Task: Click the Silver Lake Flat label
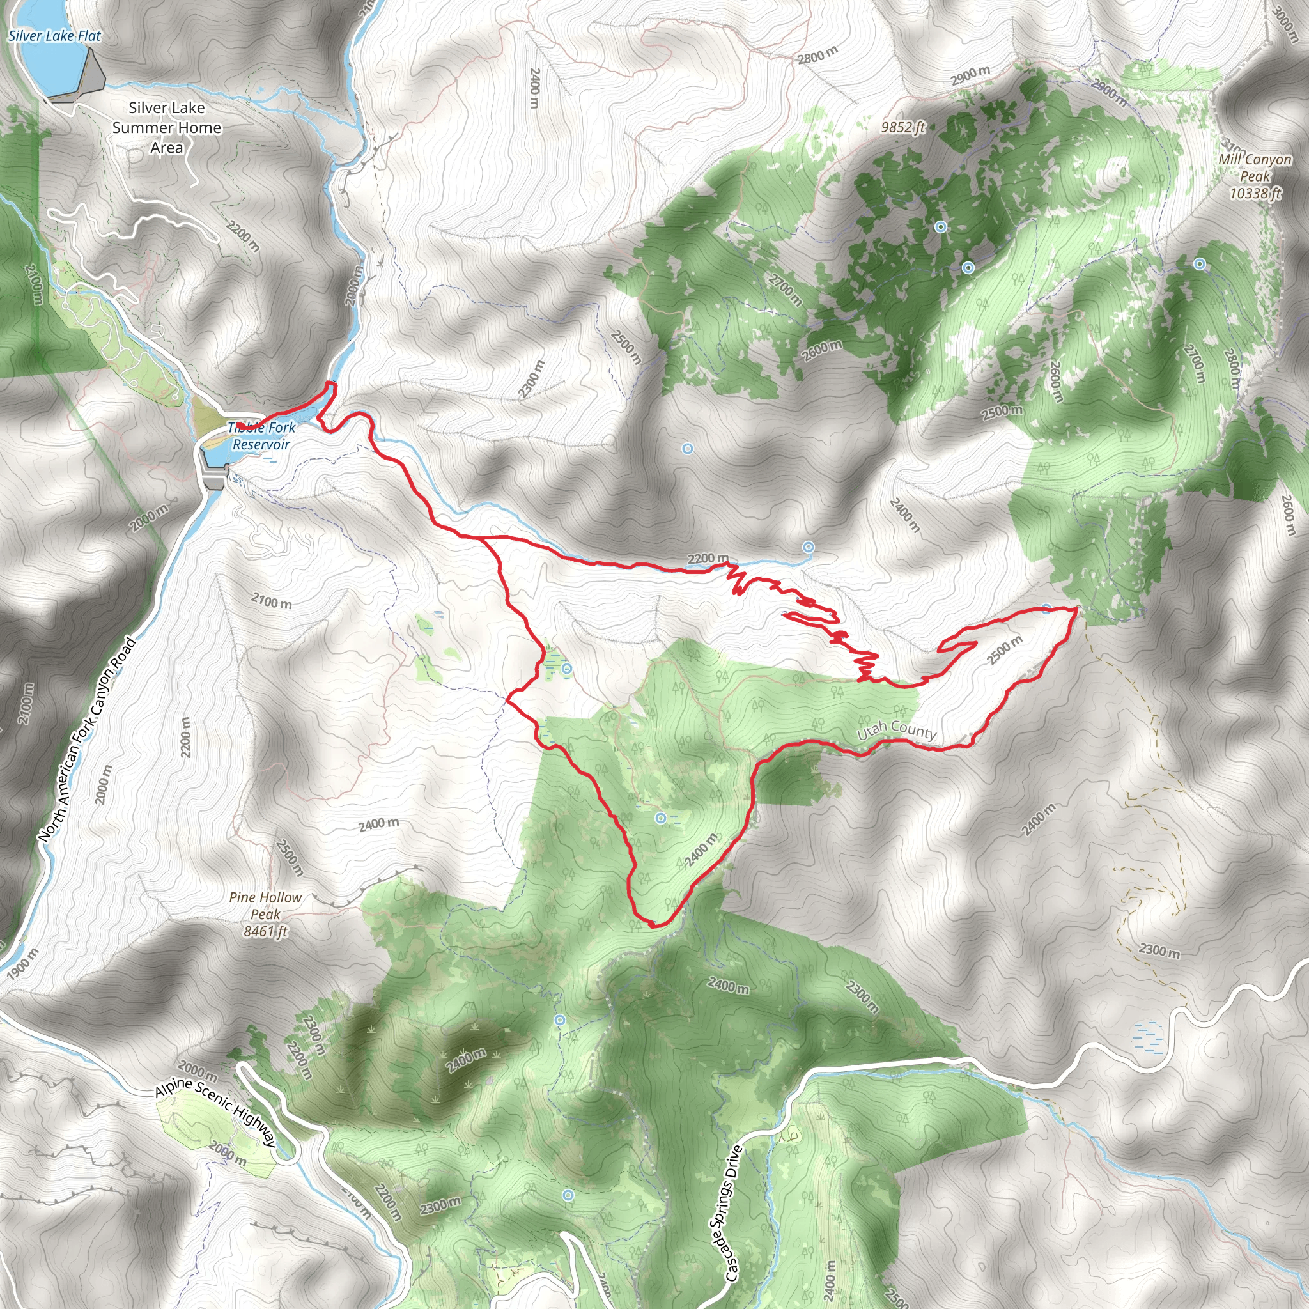tap(54, 36)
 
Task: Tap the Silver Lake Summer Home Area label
tap(167, 127)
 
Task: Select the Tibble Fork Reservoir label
tap(261, 437)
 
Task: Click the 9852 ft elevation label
tap(903, 127)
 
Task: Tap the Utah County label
tap(896, 731)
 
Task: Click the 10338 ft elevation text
tap(1255, 194)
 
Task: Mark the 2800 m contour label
tap(817, 55)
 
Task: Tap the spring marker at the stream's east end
tap(809, 546)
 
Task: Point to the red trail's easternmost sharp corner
tap(1076, 608)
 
